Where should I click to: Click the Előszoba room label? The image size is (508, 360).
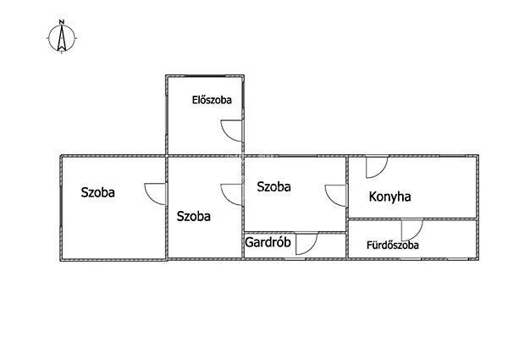coord(212,100)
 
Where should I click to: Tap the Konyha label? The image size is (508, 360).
coord(389,197)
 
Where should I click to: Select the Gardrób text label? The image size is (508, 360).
coord(268,242)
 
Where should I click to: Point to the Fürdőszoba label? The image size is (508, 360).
coord(393,245)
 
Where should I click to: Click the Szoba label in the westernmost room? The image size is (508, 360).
coord(98,192)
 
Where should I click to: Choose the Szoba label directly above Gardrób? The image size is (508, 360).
coord(273,186)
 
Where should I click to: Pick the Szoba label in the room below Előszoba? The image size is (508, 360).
coord(193,216)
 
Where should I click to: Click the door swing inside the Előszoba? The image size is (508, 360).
coord(231,130)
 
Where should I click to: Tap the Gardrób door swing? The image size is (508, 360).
coord(306,243)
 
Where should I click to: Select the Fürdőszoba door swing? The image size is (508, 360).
coord(412,230)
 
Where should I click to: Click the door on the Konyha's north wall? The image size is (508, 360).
coord(377,167)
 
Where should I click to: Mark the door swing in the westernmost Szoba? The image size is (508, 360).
coord(155,194)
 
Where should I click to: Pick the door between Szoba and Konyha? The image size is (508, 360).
coord(335,196)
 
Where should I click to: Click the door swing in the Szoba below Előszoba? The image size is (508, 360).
coord(231,195)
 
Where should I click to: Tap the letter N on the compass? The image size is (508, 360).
coord(62,22)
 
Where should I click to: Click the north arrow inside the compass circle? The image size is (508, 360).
coord(62,38)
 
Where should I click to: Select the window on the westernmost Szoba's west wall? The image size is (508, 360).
coord(61,208)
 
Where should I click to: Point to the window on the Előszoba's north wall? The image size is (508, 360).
coord(205,76)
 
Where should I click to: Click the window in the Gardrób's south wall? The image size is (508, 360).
coord(295,258)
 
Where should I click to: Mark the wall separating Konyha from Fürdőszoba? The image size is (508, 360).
coord(412,219)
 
